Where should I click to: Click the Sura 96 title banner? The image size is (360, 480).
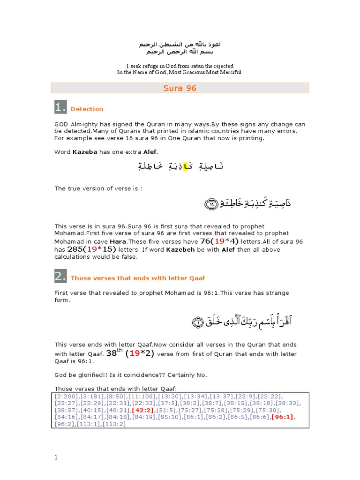[180, 88]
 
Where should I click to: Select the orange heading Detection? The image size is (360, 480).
[87, 109]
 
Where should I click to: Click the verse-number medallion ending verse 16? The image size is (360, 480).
[211, 204]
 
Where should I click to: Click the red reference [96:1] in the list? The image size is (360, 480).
[285, 417]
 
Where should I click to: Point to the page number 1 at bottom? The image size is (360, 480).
[57, 458]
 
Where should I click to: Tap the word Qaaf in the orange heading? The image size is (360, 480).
[195, 278]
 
